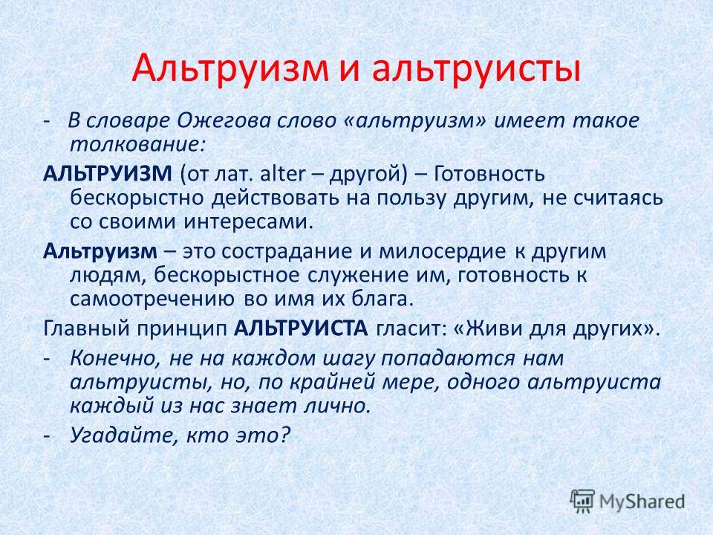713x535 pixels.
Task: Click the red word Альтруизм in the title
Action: click(230, 68)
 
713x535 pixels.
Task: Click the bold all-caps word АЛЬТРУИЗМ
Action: click(108, 174)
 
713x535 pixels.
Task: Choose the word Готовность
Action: click(489, 174)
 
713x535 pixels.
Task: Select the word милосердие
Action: click(442, 252)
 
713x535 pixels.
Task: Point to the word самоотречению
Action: click(153, 299)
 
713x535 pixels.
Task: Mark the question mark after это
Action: click(284, 436)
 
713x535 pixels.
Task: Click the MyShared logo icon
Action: click(582, 502)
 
